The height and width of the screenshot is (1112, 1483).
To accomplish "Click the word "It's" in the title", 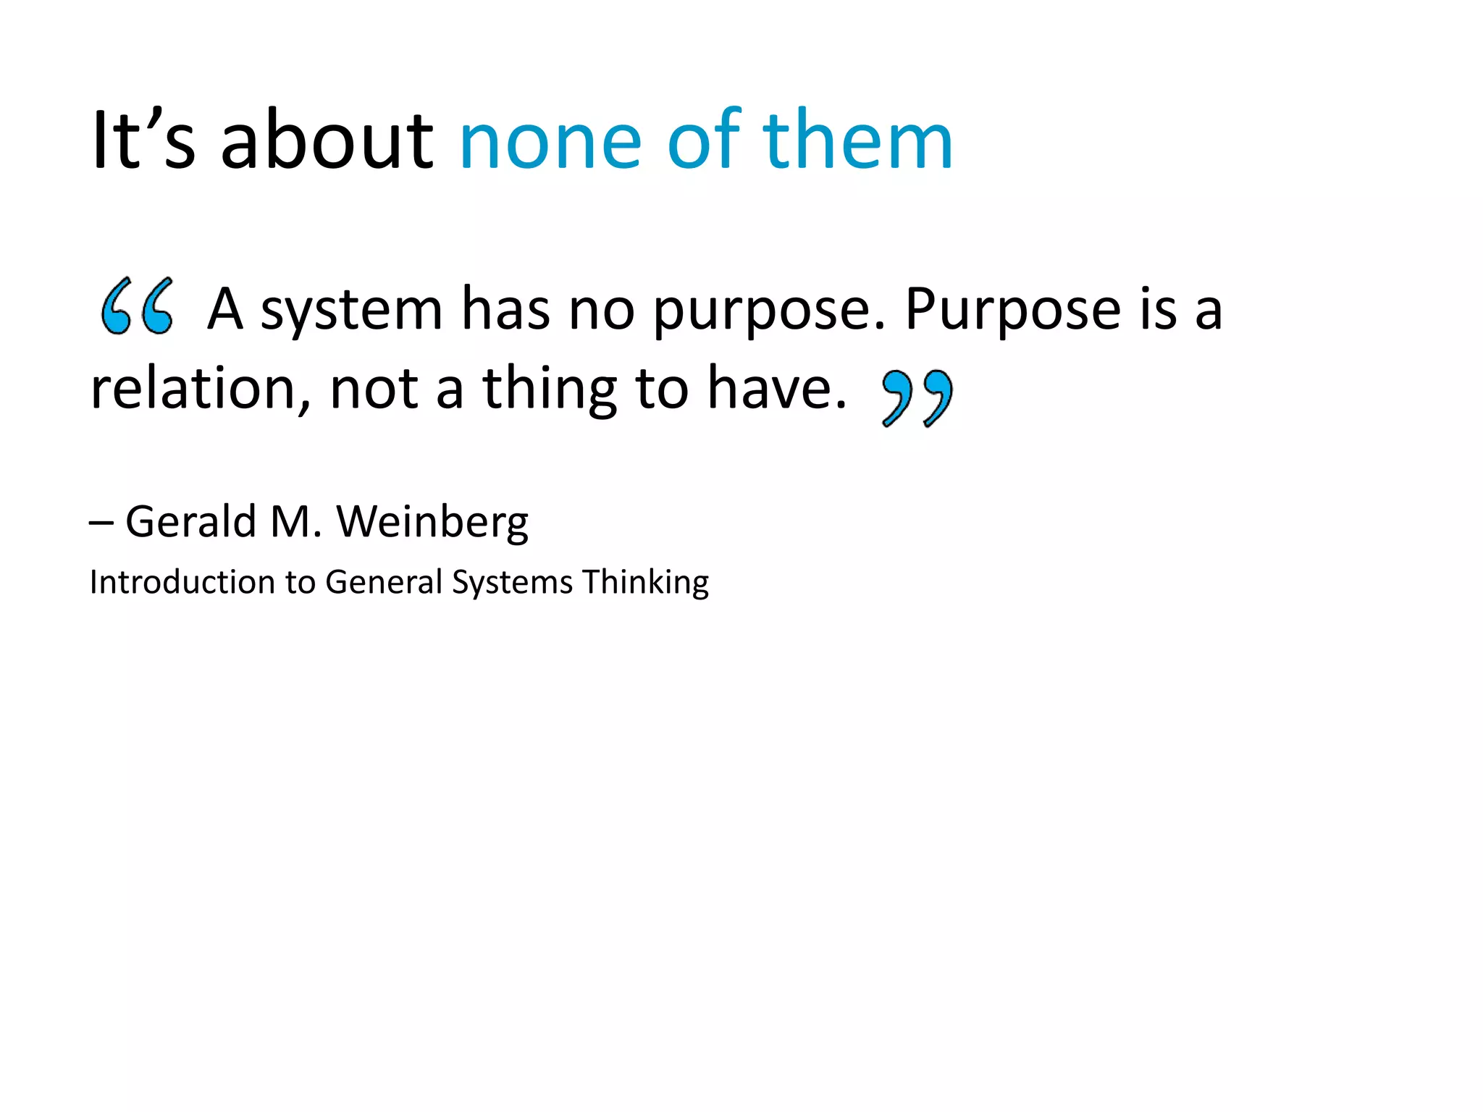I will (x=143, y=140).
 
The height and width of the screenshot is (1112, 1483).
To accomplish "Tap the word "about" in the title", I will (x=327, y=140).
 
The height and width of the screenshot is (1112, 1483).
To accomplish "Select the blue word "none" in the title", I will (x=550, y=140).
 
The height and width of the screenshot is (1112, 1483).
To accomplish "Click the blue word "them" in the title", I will (x=857, y=140).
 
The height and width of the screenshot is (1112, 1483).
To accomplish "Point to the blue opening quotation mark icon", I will (x=137, y=306).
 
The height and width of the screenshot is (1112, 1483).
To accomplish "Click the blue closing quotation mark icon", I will (x=917, y=397).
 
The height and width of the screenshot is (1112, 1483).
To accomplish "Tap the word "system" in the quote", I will (x=351, y=310).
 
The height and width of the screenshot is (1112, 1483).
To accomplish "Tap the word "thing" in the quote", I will (x=550, y=391).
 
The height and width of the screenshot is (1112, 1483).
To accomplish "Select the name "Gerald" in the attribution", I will (x=191, y=521).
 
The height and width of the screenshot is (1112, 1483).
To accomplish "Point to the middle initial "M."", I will (x=295, y=521).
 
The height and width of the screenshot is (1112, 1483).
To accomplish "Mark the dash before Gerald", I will (x=101, y=523).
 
